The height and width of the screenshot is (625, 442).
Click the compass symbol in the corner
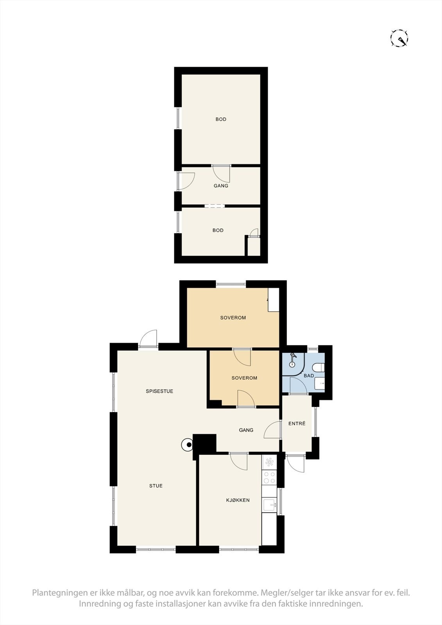(399, 38)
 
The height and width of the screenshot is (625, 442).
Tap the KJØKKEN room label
(238, 500)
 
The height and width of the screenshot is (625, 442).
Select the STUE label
(156, 486)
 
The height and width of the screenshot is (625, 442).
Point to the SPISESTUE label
(159, 391)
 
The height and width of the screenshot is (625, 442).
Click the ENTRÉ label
(297, 423)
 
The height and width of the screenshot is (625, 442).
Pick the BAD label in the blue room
(309, 375)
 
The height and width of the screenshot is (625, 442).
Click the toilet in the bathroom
(319, 367)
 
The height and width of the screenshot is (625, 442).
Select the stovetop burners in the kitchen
(269, 477)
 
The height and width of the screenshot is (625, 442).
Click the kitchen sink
(269, 505)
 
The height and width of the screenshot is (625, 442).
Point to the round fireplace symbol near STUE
(188, 444)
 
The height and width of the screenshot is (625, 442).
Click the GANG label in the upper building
(221, 186)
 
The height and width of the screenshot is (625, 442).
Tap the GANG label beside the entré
(246, 430)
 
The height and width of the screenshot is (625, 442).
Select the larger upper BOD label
(221, 119)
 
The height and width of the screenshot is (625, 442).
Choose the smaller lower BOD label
(218, 230)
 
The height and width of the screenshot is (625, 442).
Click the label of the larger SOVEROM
(233, 318)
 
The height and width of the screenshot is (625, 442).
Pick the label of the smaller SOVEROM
(244, 378)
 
